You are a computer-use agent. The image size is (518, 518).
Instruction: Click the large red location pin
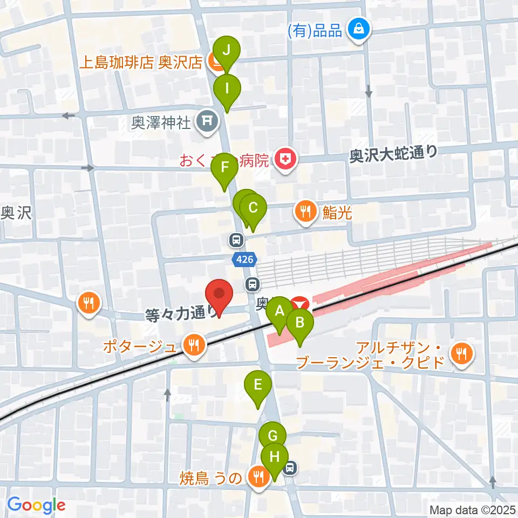pos(220,295)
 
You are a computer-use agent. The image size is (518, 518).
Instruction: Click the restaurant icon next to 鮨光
pos(306,212)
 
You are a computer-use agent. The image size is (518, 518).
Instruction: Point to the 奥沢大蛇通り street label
pos(393,155)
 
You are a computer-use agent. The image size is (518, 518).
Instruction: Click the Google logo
pos(36,505)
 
